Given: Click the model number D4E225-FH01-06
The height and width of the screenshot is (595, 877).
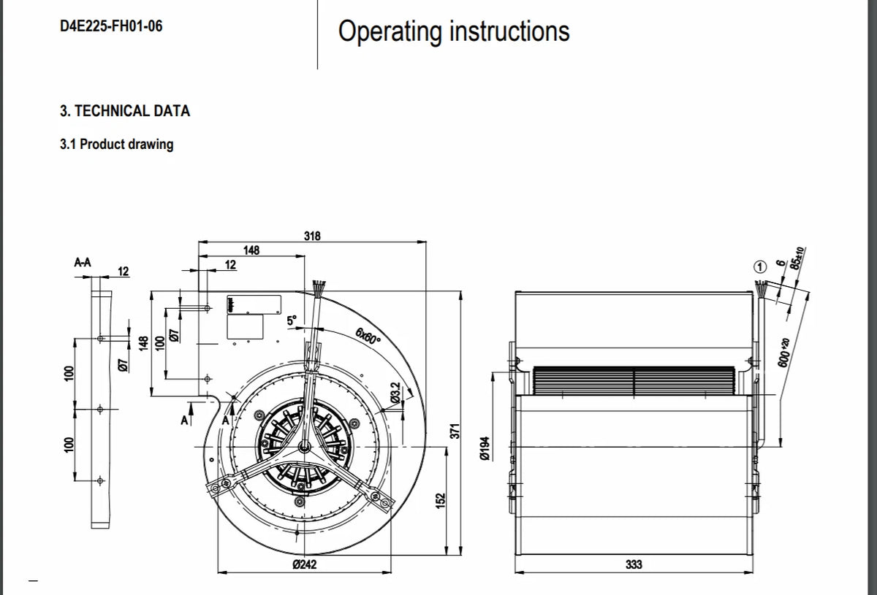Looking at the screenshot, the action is coord(111,26).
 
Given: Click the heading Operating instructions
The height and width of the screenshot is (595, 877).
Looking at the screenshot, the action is coord(454,31).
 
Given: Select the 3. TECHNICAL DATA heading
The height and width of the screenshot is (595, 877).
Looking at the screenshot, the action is coord(125,111).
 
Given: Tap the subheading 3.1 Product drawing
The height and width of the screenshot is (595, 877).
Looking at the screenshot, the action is coord(117,145).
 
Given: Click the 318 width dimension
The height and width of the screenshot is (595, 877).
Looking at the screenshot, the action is coord(312,236).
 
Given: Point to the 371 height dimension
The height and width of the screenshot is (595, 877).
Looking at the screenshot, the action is coord(455,431).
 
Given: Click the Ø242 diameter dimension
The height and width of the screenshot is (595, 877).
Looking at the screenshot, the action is coord(305,564).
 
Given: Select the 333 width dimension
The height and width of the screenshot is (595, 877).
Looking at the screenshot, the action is coord(634,564).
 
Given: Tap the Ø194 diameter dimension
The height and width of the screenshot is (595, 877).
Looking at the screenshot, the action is coord(485,448).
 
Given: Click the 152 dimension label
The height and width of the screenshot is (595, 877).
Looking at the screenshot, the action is coord(441,501).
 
